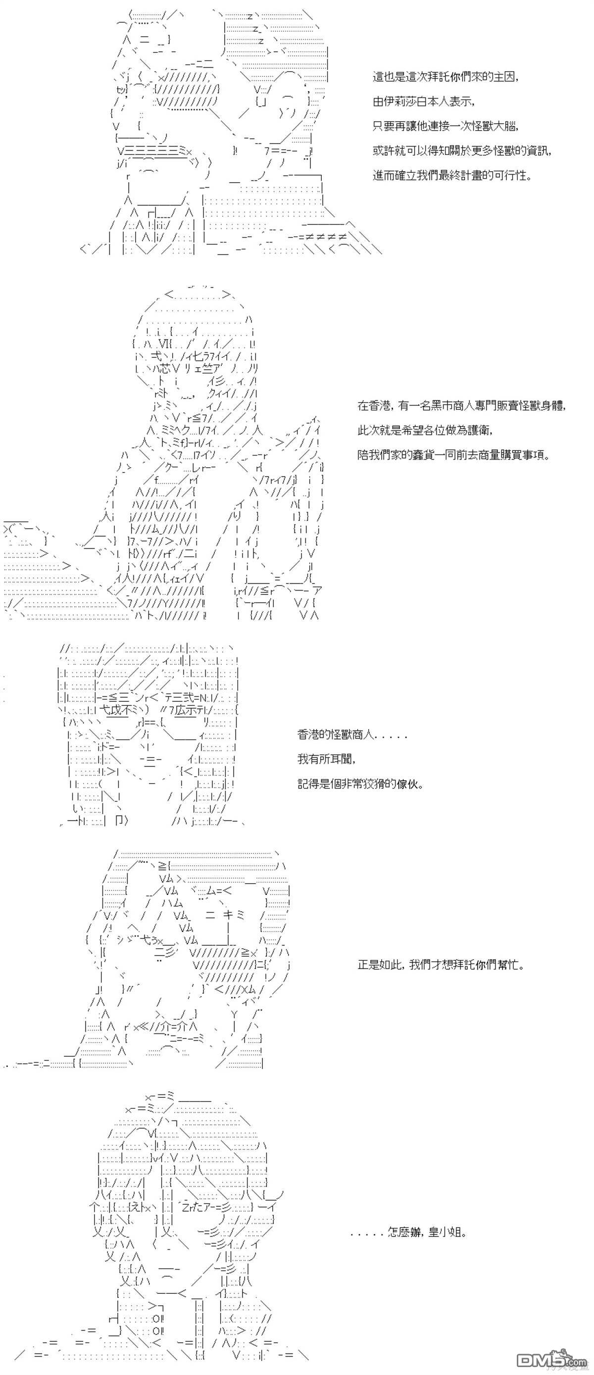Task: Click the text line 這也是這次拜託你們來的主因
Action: (x=445, y=77)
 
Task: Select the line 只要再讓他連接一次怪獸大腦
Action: (x=445, y=126)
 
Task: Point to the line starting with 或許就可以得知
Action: (x=462, y=150)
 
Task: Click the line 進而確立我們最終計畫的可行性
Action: (x=452, y=175)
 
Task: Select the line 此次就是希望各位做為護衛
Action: (x=424, y=430)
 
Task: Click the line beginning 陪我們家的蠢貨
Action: (x=453, y=455)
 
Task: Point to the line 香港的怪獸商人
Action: (x=352, y=735)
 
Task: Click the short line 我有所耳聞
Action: (x=327, y=760)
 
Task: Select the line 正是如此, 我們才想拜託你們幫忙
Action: (x=441, y=965)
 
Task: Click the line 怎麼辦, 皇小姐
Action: (x=409, y=1233)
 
